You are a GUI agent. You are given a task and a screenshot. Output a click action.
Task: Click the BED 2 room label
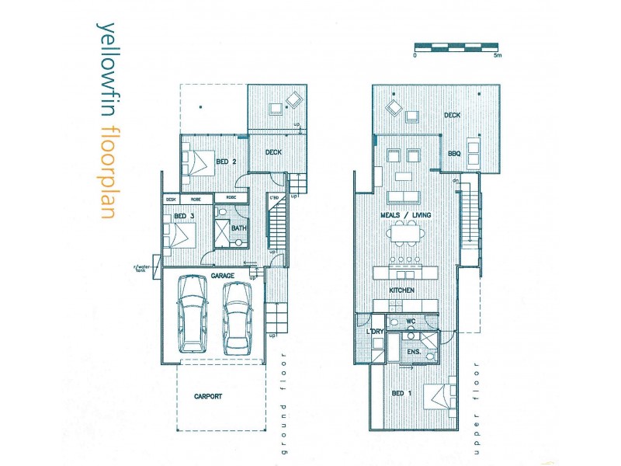(x=226, y=162)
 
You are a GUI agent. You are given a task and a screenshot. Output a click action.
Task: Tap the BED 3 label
(x=183, y=215)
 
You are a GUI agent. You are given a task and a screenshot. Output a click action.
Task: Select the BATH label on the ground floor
(x=239, y=228)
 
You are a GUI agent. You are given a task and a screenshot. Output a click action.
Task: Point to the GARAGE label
(x=223, y=276)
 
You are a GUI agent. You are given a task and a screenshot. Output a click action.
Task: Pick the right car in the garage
(x=237, y=318)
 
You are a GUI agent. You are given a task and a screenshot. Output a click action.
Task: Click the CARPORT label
(x=208, y=396)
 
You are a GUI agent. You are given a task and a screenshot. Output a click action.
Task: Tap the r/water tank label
(x=143, y=270)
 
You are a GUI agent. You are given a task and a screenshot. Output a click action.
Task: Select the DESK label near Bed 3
(x=172, y=199)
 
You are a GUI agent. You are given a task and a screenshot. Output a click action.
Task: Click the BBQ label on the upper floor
(x=454, y=154)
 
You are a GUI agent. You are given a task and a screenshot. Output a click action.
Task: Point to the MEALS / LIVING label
(x=405, y=215)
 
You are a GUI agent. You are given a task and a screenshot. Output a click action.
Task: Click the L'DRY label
(x=375, y=332)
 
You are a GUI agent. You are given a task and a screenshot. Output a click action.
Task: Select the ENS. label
(x=413, y=352)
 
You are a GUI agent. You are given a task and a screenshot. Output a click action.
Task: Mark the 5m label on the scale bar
(x=498, y=55)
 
